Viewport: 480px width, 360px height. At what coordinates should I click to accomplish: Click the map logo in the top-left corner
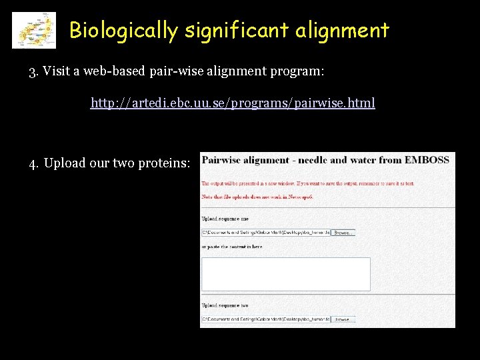click(x=34, y=31)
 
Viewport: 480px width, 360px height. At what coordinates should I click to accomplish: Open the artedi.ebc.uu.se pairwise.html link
click(x=233, y=103)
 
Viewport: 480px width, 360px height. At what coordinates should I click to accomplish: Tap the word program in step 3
click(x=294, y=71)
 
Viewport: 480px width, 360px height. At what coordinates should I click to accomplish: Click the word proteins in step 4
click(x=163, y=163)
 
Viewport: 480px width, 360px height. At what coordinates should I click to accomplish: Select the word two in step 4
click(x=124, y=163)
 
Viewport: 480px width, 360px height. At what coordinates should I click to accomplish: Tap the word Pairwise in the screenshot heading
click(x=221, y=160)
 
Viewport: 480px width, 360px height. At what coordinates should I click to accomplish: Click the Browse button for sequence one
click(x=343, y=233)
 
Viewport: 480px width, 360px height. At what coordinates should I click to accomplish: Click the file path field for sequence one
click(x=265, y=233)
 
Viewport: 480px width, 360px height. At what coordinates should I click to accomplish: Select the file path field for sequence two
click(x=265, y=319)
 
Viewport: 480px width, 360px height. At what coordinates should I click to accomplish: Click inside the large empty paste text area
click(x=285, y=274)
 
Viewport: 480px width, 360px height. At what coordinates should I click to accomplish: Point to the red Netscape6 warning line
click(x=257, y=197)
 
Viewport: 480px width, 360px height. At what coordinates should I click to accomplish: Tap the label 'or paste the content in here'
click(x=231, y=247)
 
